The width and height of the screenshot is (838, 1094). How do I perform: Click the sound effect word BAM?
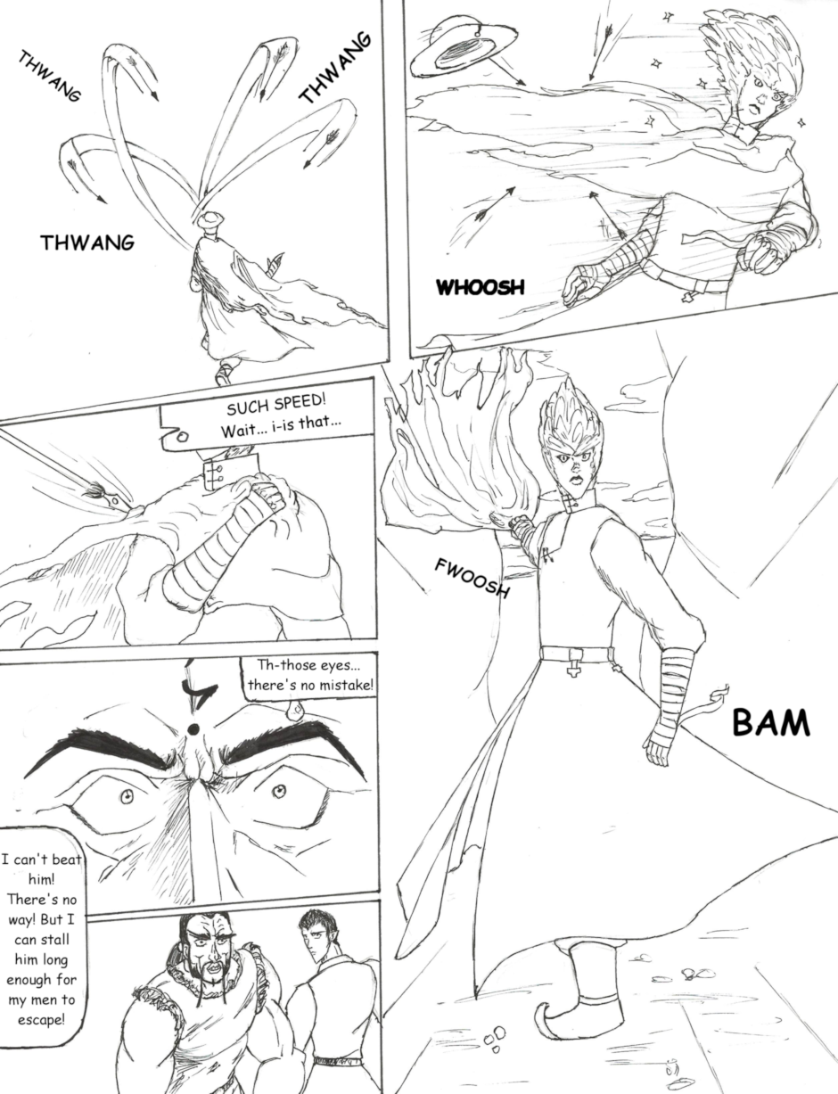click(770, 723)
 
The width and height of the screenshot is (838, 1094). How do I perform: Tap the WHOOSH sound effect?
click(481, 287)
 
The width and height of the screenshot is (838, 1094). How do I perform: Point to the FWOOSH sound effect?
click(472, 579)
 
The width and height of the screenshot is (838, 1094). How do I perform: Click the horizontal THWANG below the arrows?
click(87, 243)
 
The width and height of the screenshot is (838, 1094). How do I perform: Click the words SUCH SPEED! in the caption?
click(275, 405)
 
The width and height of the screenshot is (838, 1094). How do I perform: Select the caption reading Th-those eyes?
click(309, 675)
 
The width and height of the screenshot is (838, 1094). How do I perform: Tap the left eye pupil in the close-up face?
click(127, 795)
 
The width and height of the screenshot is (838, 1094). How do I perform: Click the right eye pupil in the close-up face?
click(278, 792)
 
